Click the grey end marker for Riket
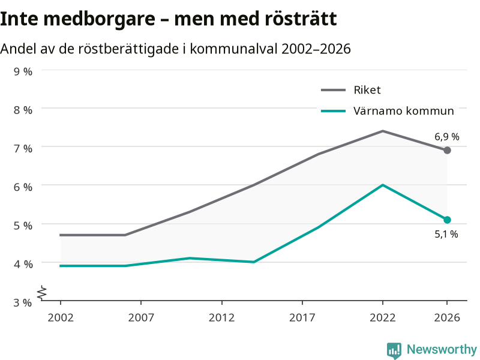click(x=447, y=151)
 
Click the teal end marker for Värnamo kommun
click(x=447, y=220)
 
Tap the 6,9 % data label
click(x=447, y=137)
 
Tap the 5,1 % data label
click(x=446, y=234)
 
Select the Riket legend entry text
click(x=367, y=90)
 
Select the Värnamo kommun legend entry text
click(x=403, y=111)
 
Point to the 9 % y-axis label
click(x=23, y=71)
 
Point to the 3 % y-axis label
click(x=23, y=302)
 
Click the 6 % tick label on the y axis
click(x=23, y=187)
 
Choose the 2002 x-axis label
click(x=61, y=317)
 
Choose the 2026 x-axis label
click(x=447, y=317)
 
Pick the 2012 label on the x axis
click(x=221, y=317)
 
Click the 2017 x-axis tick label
click(x=302, y=317)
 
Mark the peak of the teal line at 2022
click(x=383, y=185)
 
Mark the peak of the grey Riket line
click(x=383, y=131)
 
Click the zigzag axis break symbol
click(x=42, y=293)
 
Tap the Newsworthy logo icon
click(x=394, y=350)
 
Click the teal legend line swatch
click(x=334, y=111)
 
